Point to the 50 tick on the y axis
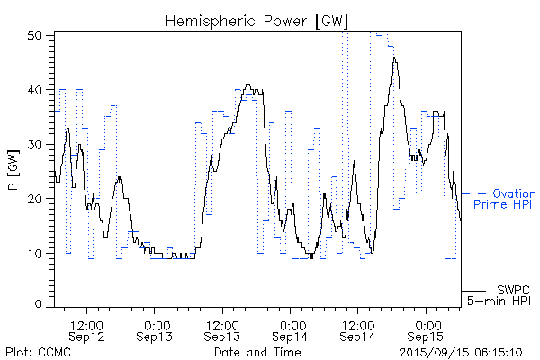coord(36,36)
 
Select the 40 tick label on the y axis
coord(36,90)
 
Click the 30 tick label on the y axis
coord(36,144)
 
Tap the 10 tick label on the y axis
coord(36,253)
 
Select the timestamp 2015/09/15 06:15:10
coord(463,351)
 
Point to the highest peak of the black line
coord(394,58)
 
